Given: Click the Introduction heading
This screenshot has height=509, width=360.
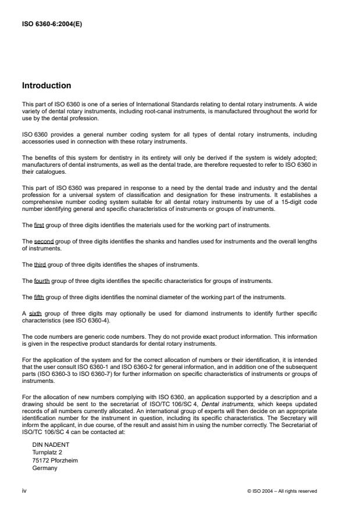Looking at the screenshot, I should point(47,85).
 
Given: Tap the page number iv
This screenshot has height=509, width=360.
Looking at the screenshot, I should point(24,491).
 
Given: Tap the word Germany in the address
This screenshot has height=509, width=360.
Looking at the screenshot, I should point(44,468).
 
